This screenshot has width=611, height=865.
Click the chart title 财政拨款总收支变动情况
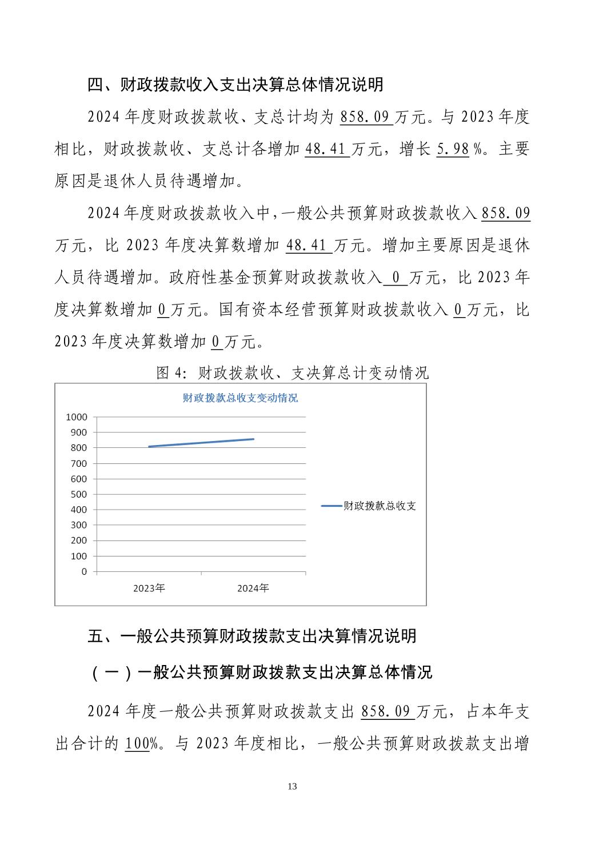240,398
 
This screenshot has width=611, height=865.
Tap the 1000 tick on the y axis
77,417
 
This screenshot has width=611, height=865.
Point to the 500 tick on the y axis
79,494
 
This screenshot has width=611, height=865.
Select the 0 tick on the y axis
85,571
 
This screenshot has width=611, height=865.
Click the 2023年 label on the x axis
149,588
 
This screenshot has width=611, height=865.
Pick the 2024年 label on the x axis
253,588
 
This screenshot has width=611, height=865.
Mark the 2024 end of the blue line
254,439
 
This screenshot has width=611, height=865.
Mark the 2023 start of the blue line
149,447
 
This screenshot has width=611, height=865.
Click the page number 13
293,787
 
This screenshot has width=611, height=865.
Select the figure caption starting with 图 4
293,373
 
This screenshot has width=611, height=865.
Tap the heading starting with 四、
235,85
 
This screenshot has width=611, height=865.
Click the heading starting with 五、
252,636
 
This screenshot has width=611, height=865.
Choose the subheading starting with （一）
260,672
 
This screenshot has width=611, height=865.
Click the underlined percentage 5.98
453,149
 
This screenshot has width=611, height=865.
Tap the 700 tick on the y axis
79,463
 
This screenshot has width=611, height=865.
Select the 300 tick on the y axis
79,525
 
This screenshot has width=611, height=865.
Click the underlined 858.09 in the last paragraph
387,711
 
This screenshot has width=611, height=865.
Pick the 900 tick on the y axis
79,433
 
